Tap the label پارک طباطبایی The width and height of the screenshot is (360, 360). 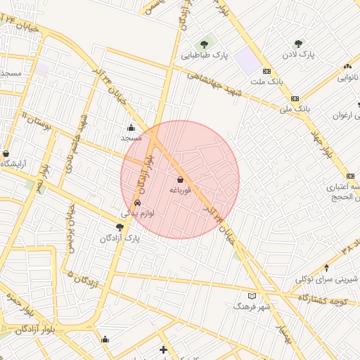pos(205,55)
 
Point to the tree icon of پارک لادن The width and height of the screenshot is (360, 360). pos(299,44)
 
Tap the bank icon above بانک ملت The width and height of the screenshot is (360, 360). pos(266,72)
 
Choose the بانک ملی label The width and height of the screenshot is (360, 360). pos(295,109)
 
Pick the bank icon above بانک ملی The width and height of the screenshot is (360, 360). pos(295,98)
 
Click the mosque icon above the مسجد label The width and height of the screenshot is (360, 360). pos(131,128)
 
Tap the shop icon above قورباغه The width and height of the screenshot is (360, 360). pos(180,179)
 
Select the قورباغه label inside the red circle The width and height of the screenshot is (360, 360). pos(180,190)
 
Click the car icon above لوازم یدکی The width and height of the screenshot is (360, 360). pos(146,202)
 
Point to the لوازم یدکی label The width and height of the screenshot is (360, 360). pos(138,213)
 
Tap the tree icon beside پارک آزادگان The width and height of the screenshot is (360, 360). pos(120,227)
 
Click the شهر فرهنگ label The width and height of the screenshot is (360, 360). pos(252,307)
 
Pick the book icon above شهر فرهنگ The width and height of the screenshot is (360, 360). pos(252,296)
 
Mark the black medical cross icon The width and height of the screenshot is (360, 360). pos(163,349)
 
